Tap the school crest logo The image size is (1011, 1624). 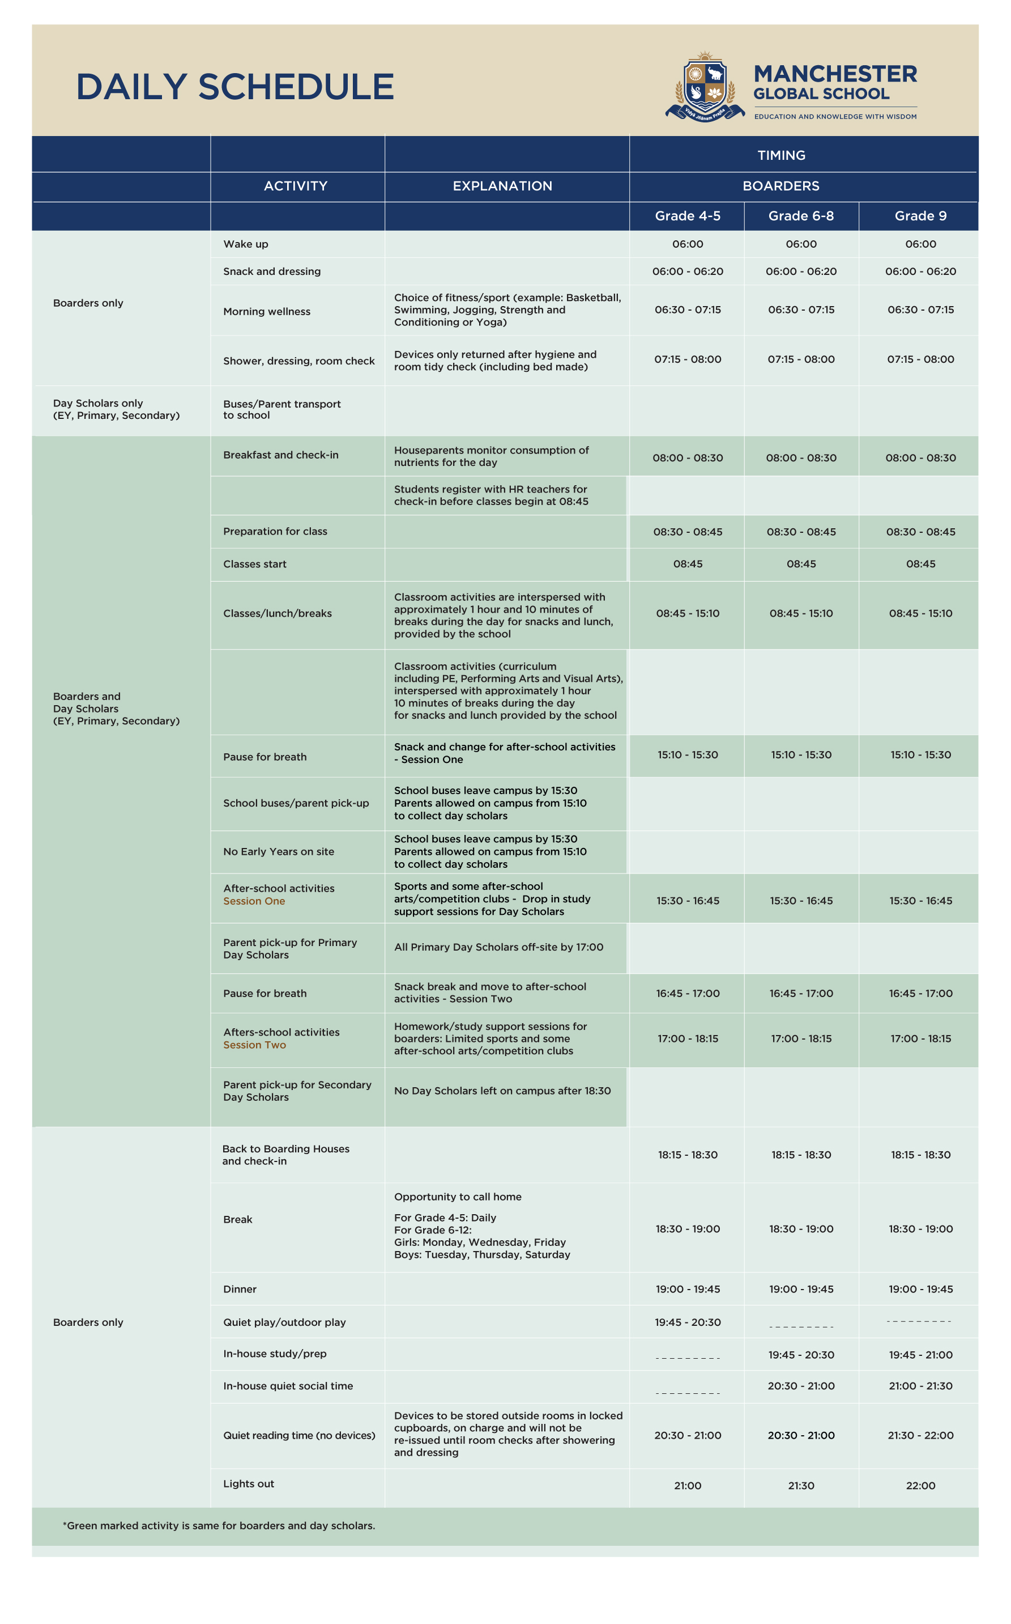click(705, 87)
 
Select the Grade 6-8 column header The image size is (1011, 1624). click(801, 215)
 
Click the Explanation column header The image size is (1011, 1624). click(502, 186)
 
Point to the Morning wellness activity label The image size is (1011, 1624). click(267, 311)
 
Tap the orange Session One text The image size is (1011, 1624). click(254, 901)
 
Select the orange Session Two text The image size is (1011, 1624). click(255, 1045)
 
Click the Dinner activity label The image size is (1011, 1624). click(240, 1289)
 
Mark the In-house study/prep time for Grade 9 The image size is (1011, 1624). click(920, 1354)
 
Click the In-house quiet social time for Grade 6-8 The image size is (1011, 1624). click(801, 1386)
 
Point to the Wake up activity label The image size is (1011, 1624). click(245, 244)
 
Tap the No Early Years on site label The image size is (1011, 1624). click(279, 851)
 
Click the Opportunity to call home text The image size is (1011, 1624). click(458, 1197)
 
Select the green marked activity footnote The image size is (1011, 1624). click(219, 1525)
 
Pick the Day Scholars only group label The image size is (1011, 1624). click(116, 409)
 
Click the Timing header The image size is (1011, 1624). click(781, 155)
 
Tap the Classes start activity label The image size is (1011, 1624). click(255, 564)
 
